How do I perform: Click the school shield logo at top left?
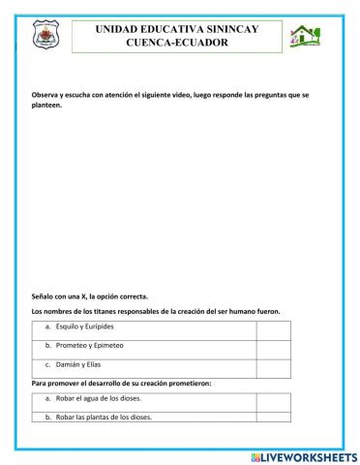45,38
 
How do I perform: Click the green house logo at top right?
305,37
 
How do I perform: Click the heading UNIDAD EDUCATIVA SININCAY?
177,30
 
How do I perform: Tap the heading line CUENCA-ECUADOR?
177,44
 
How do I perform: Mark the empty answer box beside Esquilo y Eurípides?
273,327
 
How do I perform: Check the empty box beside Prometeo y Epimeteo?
273,347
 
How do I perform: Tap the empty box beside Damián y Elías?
273,366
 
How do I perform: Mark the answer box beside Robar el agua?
273,400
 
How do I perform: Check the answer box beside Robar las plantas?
273,417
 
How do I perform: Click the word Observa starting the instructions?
48,97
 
